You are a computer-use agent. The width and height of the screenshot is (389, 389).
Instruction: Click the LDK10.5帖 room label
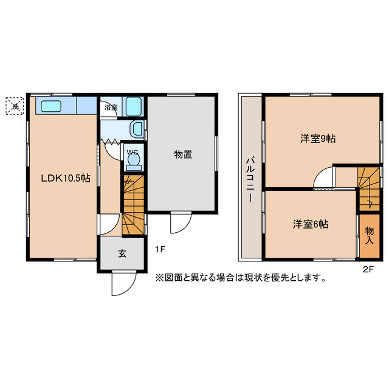pos(66,178)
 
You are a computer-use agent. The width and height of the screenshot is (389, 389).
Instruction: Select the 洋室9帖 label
pos(318,139)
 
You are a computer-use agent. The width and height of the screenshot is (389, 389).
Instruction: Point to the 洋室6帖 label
pos(311,224)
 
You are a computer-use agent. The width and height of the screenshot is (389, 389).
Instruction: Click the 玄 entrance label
pos(122,254)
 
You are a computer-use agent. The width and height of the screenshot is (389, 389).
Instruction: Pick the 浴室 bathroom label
pos(111,108)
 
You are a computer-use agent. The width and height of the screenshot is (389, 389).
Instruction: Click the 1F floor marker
pos(159,249)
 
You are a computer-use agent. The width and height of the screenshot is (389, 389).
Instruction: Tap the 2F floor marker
pos(368,268)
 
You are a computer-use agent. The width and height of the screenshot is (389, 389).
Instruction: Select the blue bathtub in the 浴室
pos(133,107)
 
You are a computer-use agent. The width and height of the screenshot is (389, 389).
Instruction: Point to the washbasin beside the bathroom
pos(137,128)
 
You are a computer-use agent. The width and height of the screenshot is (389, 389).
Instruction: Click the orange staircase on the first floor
pos(133,205)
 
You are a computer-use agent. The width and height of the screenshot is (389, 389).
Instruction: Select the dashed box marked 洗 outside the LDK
pos(15,106)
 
